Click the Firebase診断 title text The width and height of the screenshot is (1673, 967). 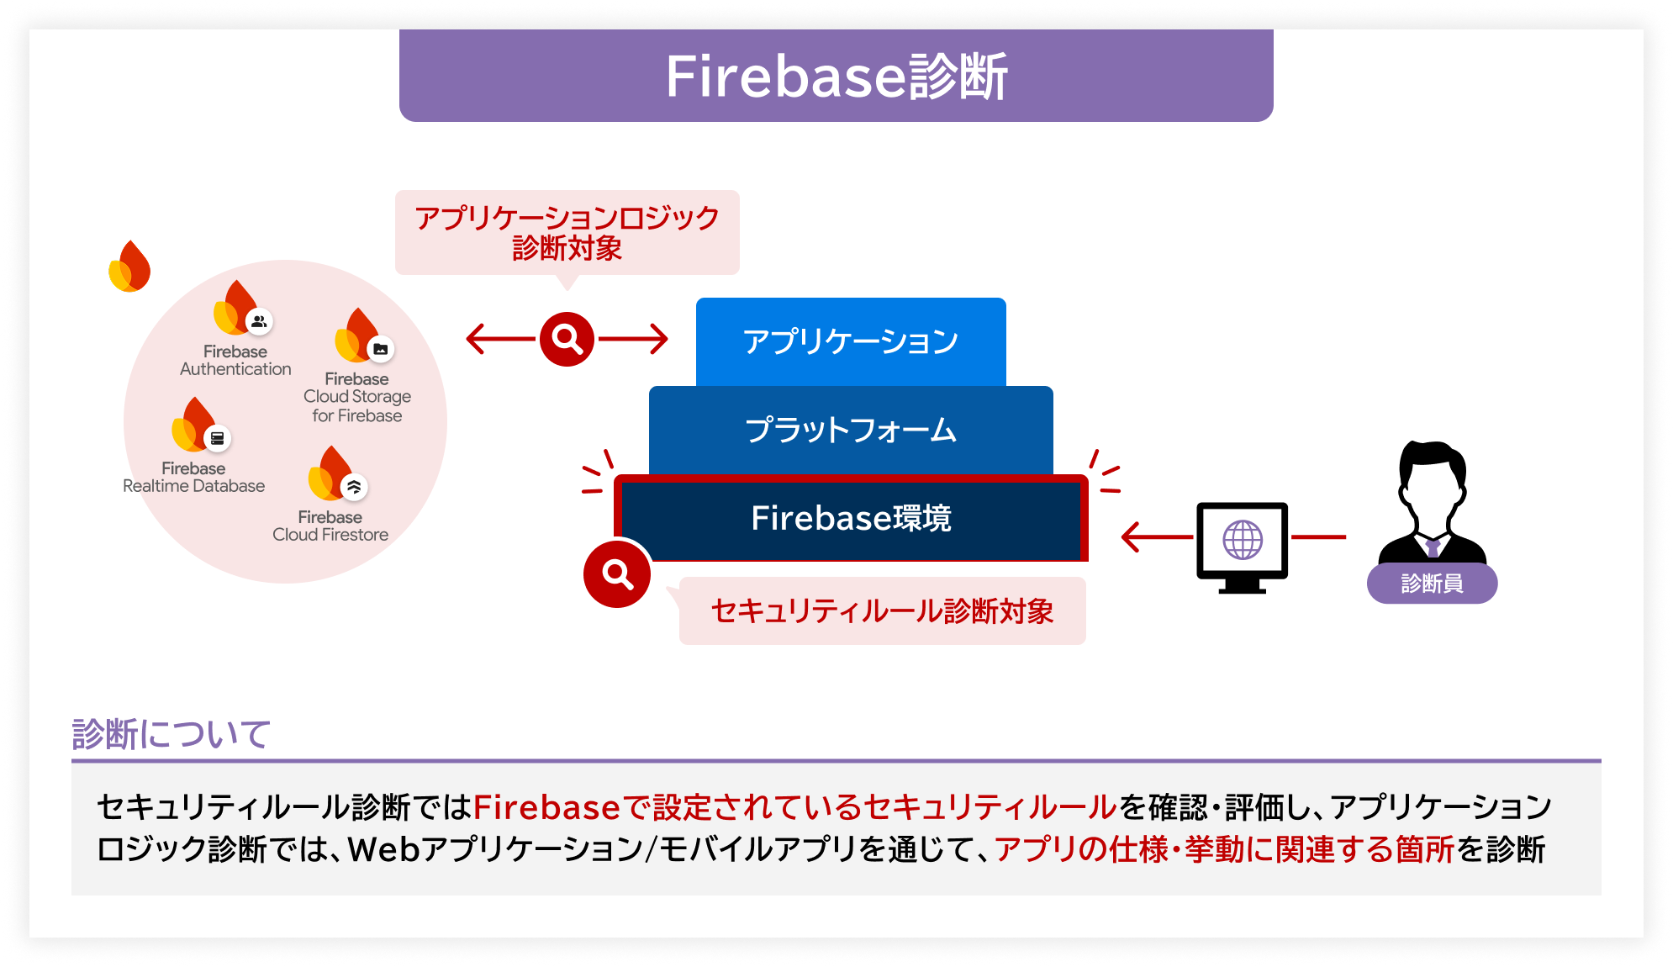[x=836, y=77]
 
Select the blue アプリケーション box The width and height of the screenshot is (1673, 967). [x=851, y=341]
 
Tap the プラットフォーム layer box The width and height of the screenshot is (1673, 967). [x=851, y=430]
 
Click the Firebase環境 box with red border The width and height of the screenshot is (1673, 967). [x=851, y=518]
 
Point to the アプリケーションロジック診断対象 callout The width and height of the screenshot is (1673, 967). [x=567, y=232]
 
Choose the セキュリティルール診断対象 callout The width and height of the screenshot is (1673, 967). [x=882, y=611]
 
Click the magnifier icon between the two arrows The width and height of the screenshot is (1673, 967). [x=567, y=339]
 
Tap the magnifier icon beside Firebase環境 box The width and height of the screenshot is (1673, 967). [x=617, y=574]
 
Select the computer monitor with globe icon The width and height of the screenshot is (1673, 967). [x=1242, y=545]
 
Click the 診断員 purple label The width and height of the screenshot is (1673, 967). [x=1432, y=584]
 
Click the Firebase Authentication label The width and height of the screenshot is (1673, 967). [x=235, y=360]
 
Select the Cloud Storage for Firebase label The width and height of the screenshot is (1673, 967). [x=357, y=397]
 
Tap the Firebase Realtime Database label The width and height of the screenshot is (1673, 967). [x=193, y=477]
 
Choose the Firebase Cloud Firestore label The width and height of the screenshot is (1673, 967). [x=330, y=526]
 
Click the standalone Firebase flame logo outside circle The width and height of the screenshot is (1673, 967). [x=130, y=267]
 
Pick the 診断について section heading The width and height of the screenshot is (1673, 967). [x=171, y=734]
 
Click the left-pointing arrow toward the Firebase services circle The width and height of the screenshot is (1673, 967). [x=499, y=339]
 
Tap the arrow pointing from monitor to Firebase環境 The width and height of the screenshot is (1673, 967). [x=1157, y=536]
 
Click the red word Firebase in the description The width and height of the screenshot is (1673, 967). [x=546, y=807]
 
